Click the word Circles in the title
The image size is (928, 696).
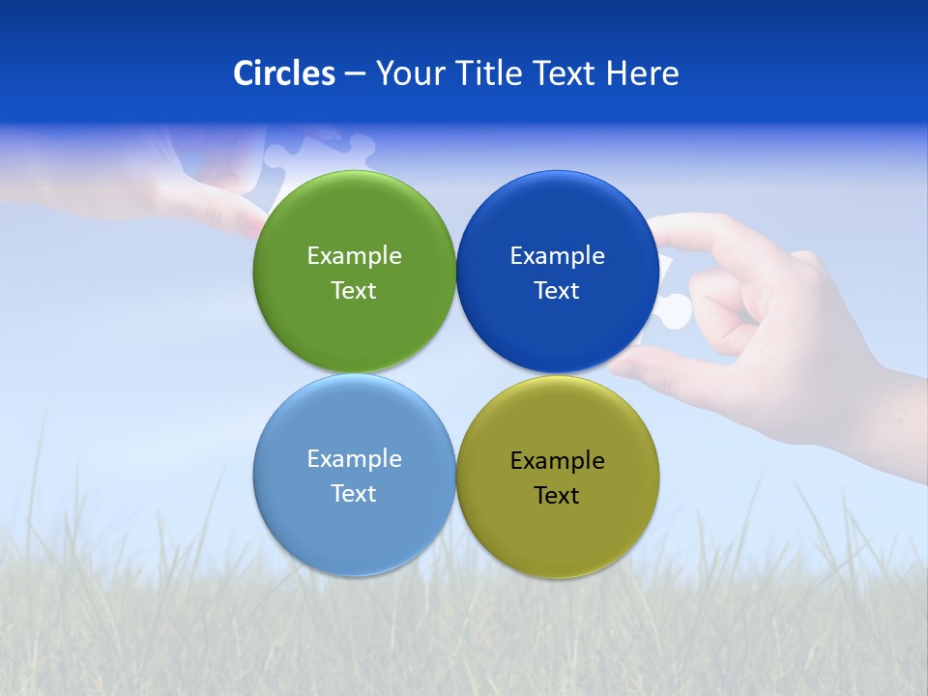(284, 73)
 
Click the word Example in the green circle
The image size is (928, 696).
(354, 256)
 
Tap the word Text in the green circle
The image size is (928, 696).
(354, 291)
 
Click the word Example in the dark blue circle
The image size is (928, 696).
(557, 256)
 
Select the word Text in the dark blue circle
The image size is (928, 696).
(557, 291)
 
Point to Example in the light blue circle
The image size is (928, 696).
(354, 459)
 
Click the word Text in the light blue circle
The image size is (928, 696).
(354, 494)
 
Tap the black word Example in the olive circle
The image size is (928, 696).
(557, 461)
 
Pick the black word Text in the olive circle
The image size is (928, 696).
(557, 496)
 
